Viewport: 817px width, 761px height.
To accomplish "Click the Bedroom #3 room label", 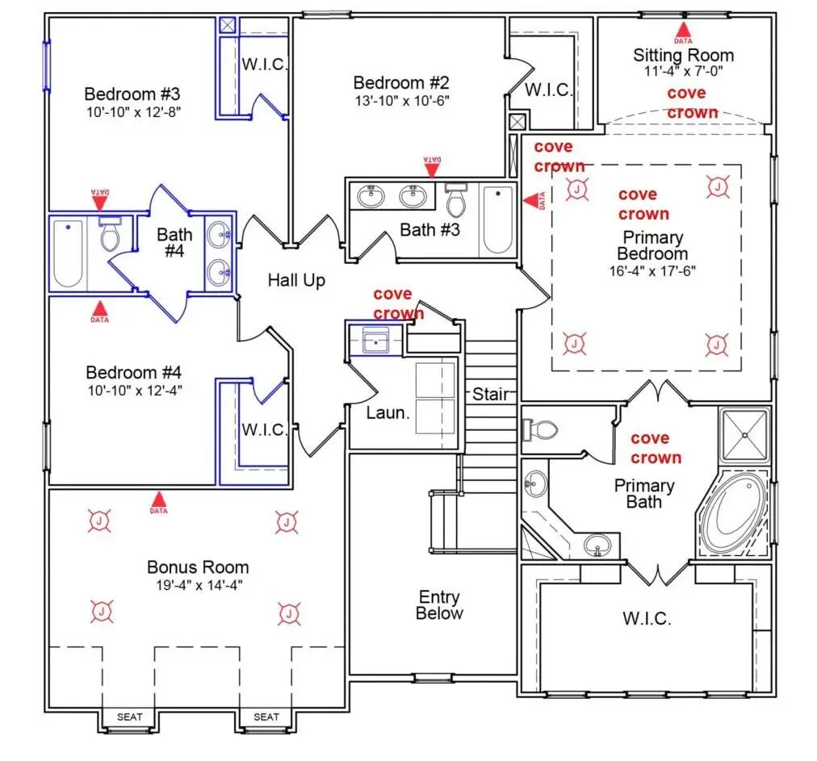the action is pos(132,94).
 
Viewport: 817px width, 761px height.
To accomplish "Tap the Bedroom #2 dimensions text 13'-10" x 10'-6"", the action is pos(402,101).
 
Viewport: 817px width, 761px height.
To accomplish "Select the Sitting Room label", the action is pos(683,55).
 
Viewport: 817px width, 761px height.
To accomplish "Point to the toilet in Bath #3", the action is pos(456,200).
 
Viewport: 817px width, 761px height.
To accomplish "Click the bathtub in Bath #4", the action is pos(69,253).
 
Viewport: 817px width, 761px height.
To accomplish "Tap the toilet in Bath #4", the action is pos(110,234).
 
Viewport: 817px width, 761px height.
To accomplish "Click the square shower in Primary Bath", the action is pos(744,436).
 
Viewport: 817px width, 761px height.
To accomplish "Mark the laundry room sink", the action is pos(375,341).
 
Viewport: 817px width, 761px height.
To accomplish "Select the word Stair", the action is pos(490,395).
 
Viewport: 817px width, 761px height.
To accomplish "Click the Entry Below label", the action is pos(439,605).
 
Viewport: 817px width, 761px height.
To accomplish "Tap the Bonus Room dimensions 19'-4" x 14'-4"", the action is pos(199,585).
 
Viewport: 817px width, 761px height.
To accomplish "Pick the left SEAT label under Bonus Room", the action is pos(130,717).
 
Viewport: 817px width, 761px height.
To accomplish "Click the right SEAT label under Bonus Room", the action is pos(266,717).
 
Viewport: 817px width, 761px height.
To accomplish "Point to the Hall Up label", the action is pos(296,280).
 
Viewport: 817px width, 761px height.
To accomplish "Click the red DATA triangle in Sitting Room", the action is pos(683,31).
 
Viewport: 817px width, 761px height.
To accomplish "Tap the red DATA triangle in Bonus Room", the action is pos(159,502).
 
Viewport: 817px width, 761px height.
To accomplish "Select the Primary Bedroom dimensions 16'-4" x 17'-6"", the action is pos(652,271).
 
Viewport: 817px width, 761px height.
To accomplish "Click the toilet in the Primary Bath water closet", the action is pos(540,430).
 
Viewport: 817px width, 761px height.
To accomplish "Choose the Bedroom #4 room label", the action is pos(133,372).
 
